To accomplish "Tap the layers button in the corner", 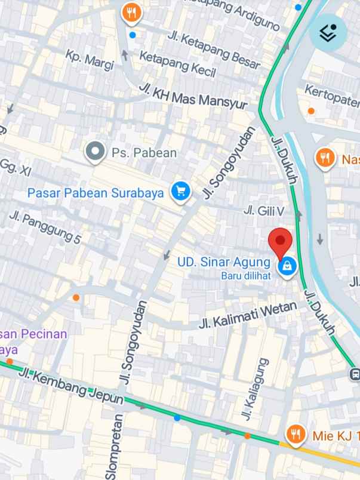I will click(x=328, y=32).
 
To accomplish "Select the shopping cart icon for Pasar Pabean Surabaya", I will click(x=180, y=192).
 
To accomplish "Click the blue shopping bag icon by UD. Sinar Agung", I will click(x=287, y=266).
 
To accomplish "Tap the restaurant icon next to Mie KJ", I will click(x=294, y=435).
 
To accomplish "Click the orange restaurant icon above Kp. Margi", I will click(x=131, y=12).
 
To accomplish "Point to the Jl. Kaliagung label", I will click(x=253, y=389).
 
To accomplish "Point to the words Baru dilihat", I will click(x=247, y=275).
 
